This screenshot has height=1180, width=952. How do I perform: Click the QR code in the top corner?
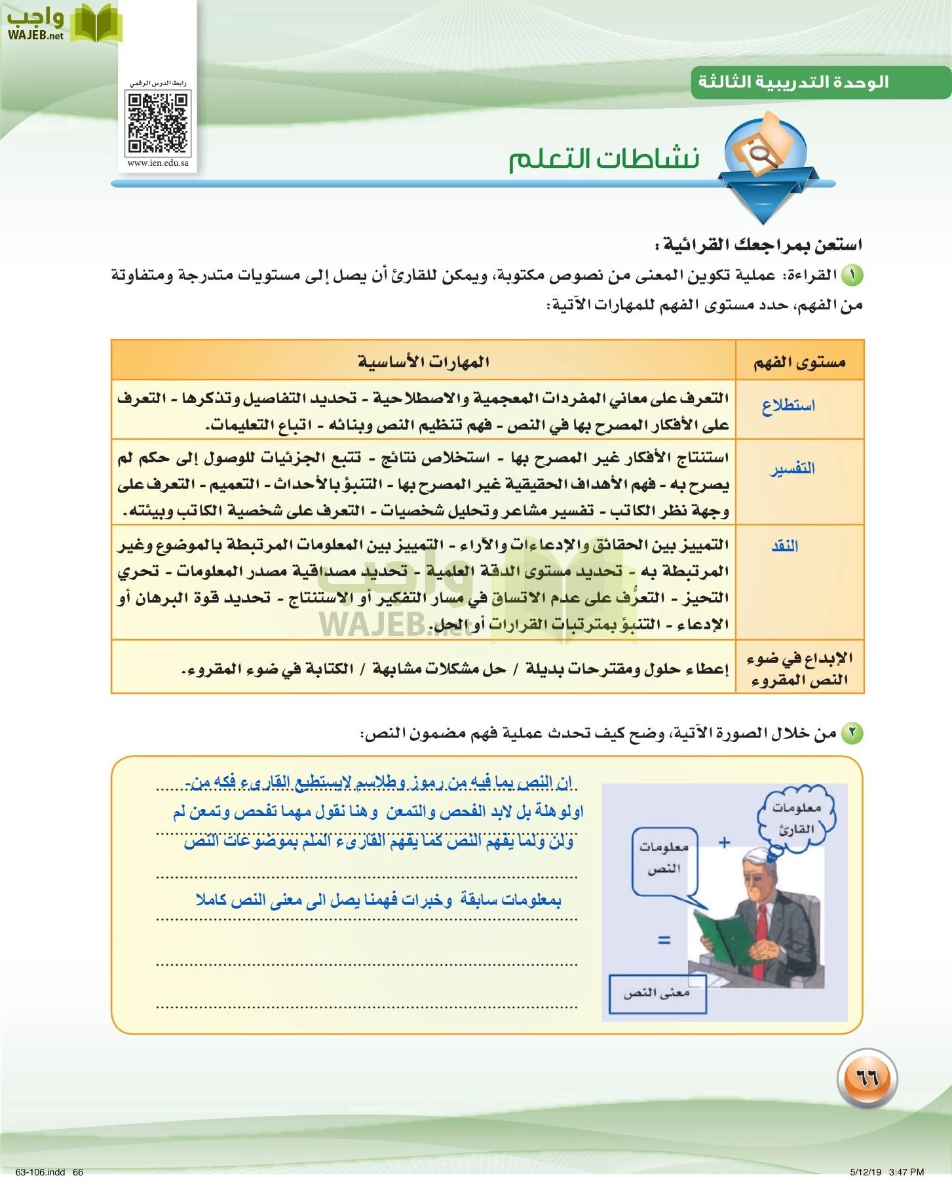pyautogui.click(x=158, y=122)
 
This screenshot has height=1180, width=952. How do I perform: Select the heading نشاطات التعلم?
pyautogui.click(x=603, y=159)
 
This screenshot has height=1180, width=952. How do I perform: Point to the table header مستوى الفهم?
pyautogui.click(x=799, y=362)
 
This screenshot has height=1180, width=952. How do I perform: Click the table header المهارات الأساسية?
pyautogui.click(x=423, y=361)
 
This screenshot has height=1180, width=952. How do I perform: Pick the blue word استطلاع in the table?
pyautogui.click(x=788, y=406)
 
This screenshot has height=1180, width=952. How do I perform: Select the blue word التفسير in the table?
pyautogui.click(x=792, y=468)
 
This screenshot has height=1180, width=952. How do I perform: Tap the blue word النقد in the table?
pyautogui.click(x=784, y=546)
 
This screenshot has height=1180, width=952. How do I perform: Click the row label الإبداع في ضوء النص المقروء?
pyautogui.click(x=799, y=669)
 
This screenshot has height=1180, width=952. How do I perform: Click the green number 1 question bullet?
pyautogui.click(x=852, y=275)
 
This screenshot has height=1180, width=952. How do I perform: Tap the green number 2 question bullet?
pyautogui.click(x=852, y=733)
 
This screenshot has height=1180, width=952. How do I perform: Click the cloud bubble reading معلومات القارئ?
pyautogui.click(x=797, y=819)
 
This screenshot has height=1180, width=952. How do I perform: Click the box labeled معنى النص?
pyautogui.click(x=657, y=993)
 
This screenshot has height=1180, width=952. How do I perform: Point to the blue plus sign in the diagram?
pyautogui.click(x=724, y=842)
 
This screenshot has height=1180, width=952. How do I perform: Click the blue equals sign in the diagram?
pyautogui.click(x=664, y=940)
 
